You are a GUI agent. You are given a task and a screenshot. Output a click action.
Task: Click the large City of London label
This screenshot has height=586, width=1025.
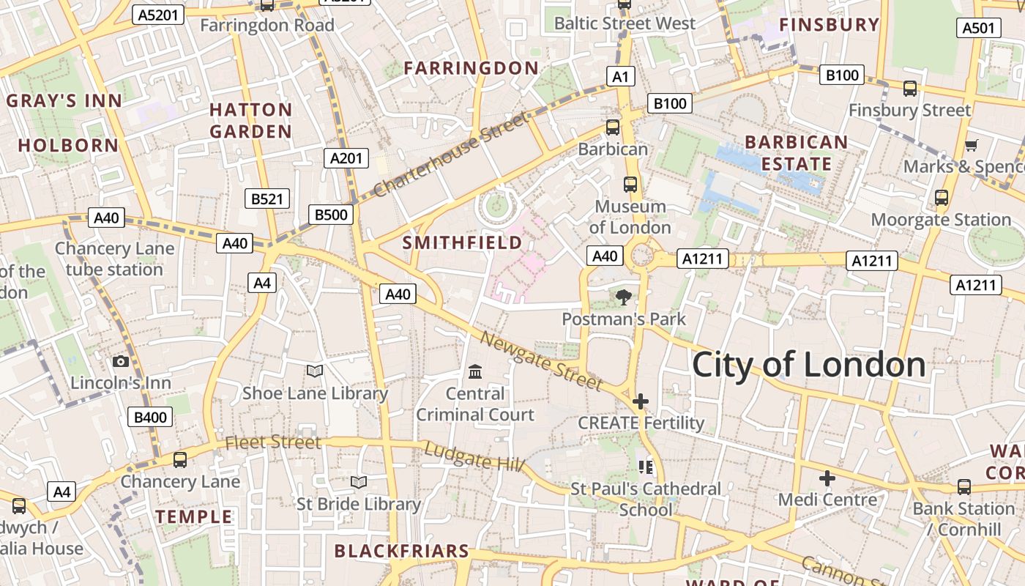[x=808, y=365]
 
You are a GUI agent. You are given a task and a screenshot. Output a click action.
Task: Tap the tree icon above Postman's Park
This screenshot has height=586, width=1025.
[x=623, y=297]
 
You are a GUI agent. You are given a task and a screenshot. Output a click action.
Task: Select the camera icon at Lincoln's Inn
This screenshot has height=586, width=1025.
[x=121, y=361]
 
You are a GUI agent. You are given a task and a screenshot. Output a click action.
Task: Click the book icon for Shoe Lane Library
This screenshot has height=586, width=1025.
[x=315, y=371]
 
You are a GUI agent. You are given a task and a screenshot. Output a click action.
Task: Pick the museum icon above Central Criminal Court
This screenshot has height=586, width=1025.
[x=475, y=372]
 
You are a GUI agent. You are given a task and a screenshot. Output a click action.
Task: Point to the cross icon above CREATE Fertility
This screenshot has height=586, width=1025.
[x=641, y=401]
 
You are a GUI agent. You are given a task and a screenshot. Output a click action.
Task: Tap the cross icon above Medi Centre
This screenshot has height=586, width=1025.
[x=827, y=478]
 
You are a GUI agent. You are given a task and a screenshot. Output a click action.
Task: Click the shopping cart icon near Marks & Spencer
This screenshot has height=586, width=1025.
[x=972, y=145]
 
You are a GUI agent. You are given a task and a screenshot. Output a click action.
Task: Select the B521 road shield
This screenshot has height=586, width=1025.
[x=266, y=199]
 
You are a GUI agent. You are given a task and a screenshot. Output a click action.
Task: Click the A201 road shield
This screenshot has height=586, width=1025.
[x=346, y=158]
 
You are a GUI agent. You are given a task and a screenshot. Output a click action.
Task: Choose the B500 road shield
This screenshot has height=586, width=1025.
[x=332, y=215]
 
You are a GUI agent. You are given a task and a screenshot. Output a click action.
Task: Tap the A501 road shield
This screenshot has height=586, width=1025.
[x=978, y=28]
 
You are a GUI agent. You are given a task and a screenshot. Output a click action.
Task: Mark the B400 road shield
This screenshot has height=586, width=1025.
[x=151, y=418]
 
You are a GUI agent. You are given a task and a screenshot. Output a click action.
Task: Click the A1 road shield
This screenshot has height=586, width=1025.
[x=620, y=76]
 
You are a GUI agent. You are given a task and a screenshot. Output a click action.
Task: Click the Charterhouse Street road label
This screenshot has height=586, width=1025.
[x=450, y=155]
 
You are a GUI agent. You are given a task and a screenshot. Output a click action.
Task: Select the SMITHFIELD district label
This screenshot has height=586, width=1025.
[x=462, y=242]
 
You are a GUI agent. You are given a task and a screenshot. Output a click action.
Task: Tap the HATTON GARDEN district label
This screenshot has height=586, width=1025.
[x=251, y=121]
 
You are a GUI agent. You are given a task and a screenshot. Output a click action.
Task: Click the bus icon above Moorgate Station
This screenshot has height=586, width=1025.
[x=942, y=198]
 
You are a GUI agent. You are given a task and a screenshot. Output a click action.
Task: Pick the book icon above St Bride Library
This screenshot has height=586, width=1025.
[x=359, y=482]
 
